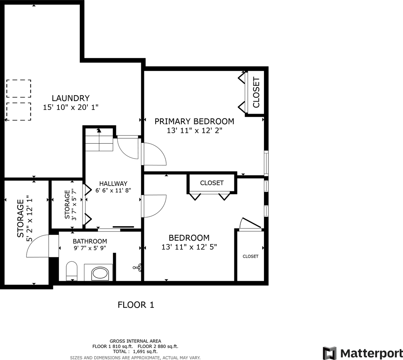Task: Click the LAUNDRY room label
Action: (70, 98)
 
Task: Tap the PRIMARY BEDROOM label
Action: (194, 121)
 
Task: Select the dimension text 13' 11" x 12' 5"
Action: (189, 247)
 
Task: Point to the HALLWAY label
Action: (113, 183)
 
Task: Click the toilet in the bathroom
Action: (71, 271)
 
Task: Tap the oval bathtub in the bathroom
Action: (99, 273)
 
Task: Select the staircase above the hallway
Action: (99, 140)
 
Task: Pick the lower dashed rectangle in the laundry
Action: (18, 111)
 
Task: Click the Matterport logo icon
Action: (330, 353)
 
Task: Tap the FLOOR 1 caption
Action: (136, 305)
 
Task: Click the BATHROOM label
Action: (90, 241)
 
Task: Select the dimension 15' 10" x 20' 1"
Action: (70, 107)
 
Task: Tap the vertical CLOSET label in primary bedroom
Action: (256, 92)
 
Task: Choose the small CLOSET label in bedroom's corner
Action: (250, 256)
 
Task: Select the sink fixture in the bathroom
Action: (138, 267)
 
